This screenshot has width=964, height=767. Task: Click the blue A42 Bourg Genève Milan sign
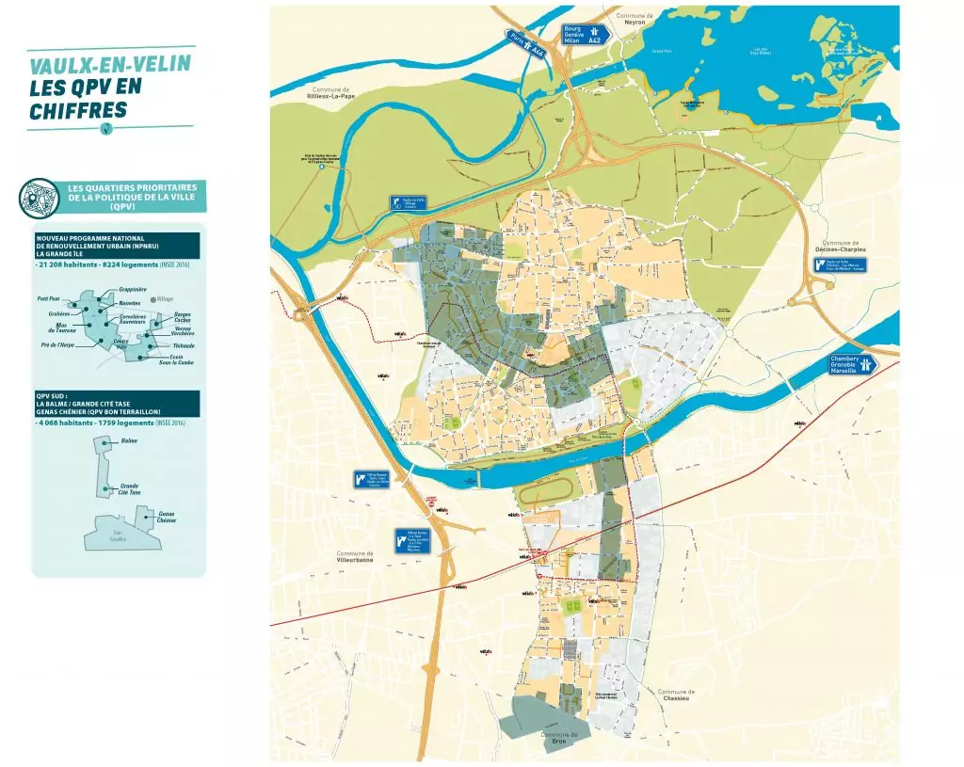click(x=586, y=35)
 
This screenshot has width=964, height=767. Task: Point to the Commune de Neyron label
click(x=634, y=19)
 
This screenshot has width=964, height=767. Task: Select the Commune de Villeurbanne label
click(x=355, y=556)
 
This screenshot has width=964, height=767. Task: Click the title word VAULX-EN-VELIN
click(x=111, y=66)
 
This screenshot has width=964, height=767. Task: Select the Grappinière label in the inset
click(x=133, y=289)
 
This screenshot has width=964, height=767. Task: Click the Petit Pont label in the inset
click(x=48, y=298)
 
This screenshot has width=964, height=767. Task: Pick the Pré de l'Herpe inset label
click(x=52, y=345)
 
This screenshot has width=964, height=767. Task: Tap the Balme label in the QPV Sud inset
click(x=130, y=440)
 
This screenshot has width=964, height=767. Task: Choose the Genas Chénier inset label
click(x=167, y=517)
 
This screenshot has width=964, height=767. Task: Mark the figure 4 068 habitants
click(x=64, y=423)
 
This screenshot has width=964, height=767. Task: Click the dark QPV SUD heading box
click(x=116, y=404)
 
